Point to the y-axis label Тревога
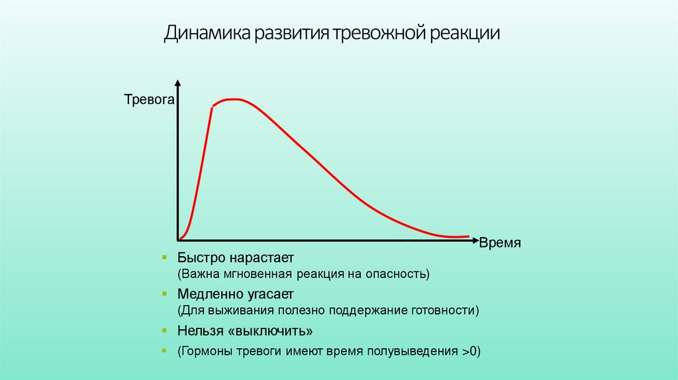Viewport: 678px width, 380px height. (x=149, y=101)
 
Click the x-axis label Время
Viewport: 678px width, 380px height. (x=501, y=243)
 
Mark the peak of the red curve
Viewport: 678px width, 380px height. (x=232, y=99)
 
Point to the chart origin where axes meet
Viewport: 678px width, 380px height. (x=177, y=240)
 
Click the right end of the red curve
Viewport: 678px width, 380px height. (x=468, y=236)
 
